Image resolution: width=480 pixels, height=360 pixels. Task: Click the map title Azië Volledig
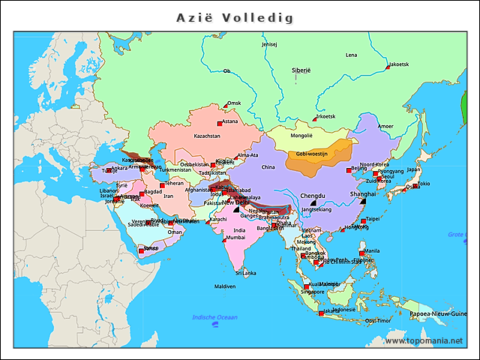[x=234, y=17]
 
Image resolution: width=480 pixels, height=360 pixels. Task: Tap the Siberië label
[x=301, y=70]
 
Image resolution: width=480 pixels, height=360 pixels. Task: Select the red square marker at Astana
[x=219, y=122]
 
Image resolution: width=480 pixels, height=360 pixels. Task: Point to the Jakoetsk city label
[x=399, y=64]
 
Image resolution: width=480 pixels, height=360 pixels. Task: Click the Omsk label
[x=235, y=103]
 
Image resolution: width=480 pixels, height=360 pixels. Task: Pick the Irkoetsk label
[x=325, y=116]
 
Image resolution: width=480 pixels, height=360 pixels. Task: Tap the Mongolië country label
[x=301, y=136]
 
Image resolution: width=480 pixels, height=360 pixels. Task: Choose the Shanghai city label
[x=362, y=193]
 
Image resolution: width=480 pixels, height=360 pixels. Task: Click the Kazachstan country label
[x=207, y=136]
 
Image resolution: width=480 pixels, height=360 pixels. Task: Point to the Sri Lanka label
[x=246, y=273]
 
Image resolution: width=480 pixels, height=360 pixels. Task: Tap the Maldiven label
[x=225, y=286]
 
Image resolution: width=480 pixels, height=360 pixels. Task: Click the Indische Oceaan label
[x=215, y=317]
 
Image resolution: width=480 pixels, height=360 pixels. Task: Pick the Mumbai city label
[x=235, y=237]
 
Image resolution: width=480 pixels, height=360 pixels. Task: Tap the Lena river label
[x=351, y=55]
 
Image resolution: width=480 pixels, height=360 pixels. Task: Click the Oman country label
[x=175, y=232]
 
